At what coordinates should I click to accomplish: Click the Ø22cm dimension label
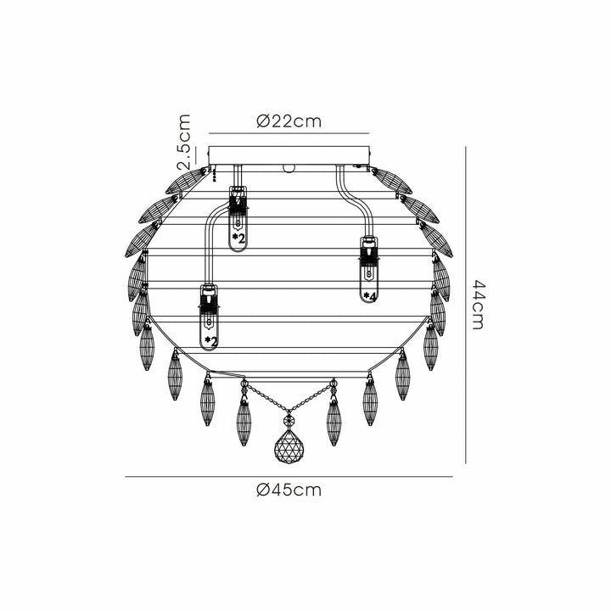pos(289,121)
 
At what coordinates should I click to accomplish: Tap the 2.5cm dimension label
pos(184,143)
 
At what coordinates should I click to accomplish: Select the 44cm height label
pos(478,305)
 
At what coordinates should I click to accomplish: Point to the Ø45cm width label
pos(289,490)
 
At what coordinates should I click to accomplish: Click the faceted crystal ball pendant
pos(289,446)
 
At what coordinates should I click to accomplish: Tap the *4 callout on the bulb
pos(369,296)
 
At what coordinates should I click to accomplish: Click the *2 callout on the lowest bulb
pos(210,342)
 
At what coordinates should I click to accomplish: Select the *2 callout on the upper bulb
pos(238,238)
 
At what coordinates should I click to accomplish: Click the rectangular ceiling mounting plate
pos(289,155)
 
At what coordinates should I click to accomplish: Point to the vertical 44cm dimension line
pos(466,305)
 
